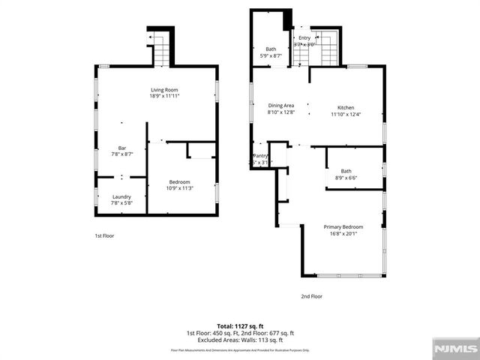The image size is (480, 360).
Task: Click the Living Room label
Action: click(x=164, y=90)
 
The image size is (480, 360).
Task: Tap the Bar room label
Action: click(x=122, y=148)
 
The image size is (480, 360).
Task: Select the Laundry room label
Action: click(x=121, y=196)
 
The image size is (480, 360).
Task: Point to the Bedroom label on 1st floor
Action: click(x=179, y=181)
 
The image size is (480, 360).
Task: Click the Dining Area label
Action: click(x=281, y=106)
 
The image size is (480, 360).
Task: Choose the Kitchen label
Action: click(x=346, y=108)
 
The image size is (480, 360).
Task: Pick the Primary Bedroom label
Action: click(x=343, y=226)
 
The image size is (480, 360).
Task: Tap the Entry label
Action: click(x=304, y=37)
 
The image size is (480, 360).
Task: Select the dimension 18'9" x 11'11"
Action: click(x=164, y=96)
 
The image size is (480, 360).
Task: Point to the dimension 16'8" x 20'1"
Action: click(x=343, y=233)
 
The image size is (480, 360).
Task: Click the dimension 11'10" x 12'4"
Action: click(x=346, y=114)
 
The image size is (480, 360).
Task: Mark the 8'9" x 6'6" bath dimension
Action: click(x=346, y=178)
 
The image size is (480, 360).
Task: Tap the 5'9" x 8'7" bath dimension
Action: click(x=271, y=55)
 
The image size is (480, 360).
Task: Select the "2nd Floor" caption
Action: click(x=311, y=296)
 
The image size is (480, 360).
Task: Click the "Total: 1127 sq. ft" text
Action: click(x=240, y=326)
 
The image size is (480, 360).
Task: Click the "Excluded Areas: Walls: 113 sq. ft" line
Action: click(x=240, y=339)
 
